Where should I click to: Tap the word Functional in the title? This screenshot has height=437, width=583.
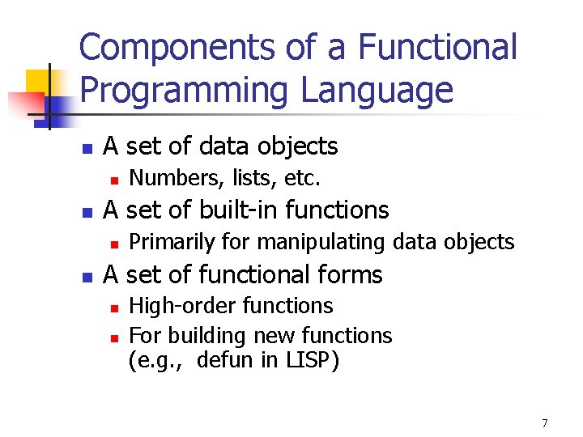point(437,48)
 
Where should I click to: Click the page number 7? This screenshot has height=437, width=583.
point(545,422)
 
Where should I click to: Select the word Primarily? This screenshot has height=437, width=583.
point(168,242)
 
